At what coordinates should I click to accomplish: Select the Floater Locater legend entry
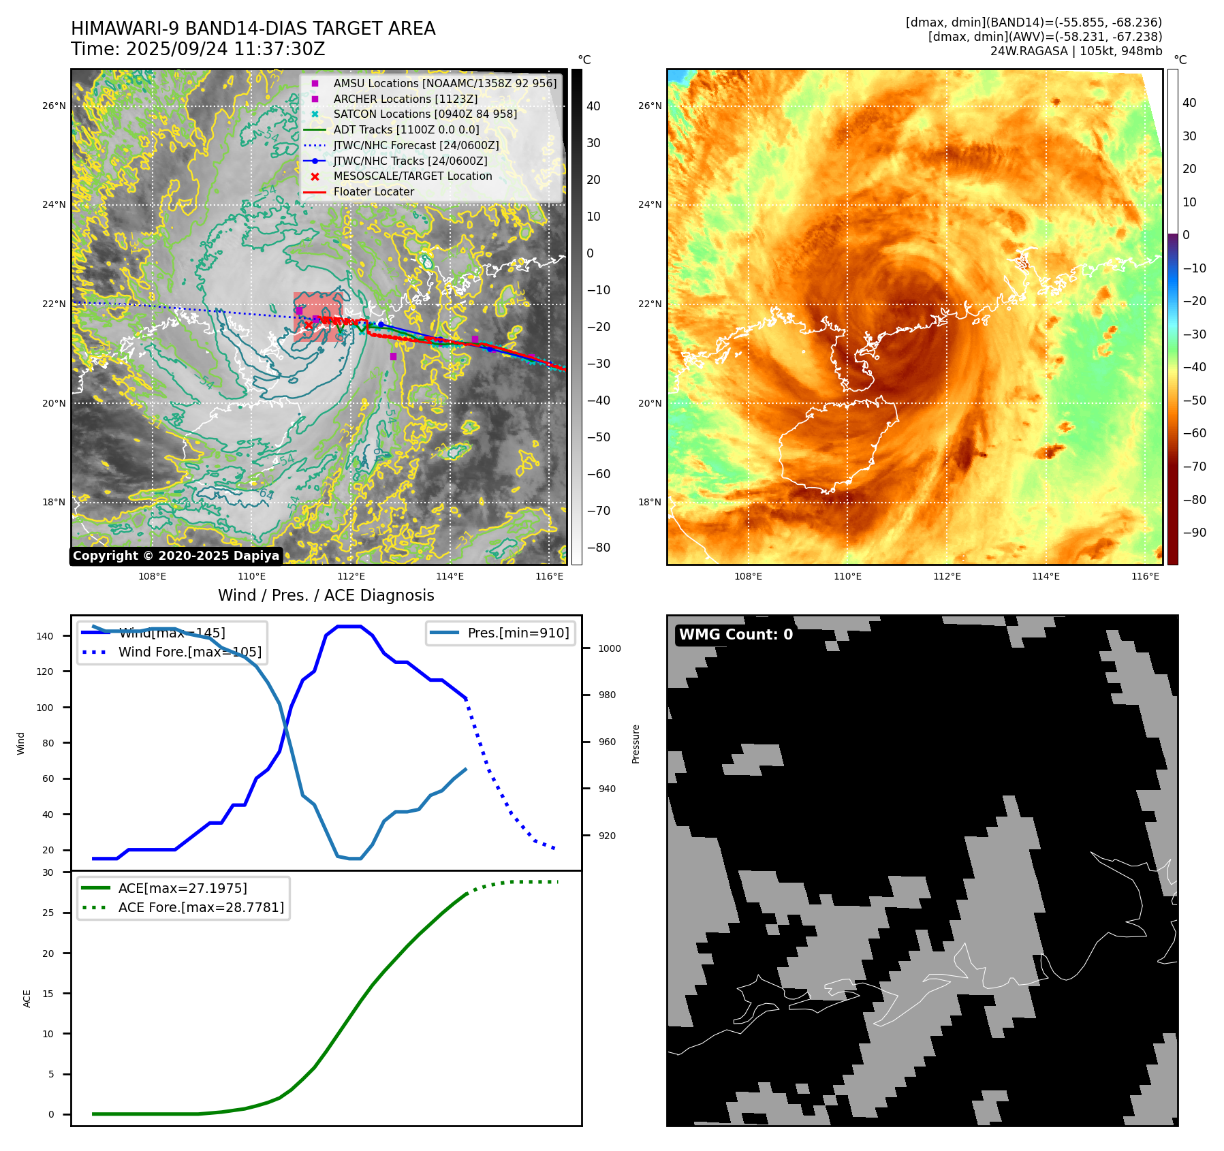(x=373, y=192)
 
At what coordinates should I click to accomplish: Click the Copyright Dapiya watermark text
(x=176, y=556)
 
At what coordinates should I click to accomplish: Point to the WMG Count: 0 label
(x=736, y=635)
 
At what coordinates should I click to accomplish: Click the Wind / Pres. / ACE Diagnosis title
(x=326, y=595)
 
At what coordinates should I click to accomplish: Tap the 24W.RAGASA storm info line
(x=1076, y=51)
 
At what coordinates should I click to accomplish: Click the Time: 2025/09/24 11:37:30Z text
(x=198, y=50)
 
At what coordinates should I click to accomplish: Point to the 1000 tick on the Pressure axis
(x=610, y=648)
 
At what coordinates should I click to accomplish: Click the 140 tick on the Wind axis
(x=45, y=636)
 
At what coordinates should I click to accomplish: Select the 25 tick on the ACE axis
(x=48, y=913)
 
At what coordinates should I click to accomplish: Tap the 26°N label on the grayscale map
(x=54, y=106)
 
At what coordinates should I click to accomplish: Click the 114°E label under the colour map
(x=1046, y=576)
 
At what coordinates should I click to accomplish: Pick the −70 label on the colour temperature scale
(x=1194, y=467)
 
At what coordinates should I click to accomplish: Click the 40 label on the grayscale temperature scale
(x=593, y=106)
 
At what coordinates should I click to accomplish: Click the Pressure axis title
(x=635, y=744)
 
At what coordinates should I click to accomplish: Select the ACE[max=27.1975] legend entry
(x=182, y=888)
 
